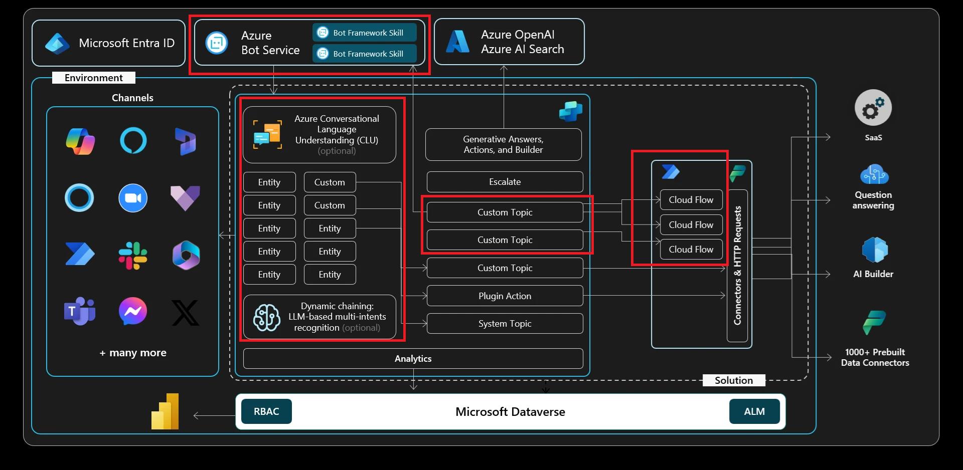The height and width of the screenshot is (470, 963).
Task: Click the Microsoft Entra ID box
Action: click(x=108, y=43)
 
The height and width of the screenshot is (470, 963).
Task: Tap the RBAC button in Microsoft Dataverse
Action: click(x=266, y=411)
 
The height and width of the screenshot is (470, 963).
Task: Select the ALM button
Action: click(x=754, y=411)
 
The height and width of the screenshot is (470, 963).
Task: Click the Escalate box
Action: click(x=505, y=182)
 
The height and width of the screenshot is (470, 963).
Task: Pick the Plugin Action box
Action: click(x=505, y=296)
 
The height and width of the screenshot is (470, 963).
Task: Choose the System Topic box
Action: click(x=505, y=324)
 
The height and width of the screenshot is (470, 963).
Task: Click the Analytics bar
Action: click(x=413, y=359)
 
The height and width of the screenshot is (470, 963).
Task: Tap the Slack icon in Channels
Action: click(x=133, y=255)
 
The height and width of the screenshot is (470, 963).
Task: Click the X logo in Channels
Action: click(x=186, y=313)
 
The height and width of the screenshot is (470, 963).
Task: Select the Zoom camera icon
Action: click(x=133, y=198)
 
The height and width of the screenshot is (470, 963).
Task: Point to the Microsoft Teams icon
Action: click(x=80, y=311)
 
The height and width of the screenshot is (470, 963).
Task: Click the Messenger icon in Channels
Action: click(x=133, y=311)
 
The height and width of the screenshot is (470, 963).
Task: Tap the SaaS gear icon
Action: click(x=873, y=108)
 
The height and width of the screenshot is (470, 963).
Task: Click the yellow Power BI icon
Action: click(x=166, y=412)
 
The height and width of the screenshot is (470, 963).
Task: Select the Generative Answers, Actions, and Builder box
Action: click(x=503, y=145)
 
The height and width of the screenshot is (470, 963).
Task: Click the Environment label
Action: click(x=94, y=78)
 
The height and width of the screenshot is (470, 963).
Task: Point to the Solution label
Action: click(x=733, y=380)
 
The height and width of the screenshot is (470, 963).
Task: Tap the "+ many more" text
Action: click(x=133, y=353)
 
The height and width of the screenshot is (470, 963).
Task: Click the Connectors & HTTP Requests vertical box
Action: click(x=737, y=266)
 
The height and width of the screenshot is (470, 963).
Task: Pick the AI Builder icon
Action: click(x=874, y=250)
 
